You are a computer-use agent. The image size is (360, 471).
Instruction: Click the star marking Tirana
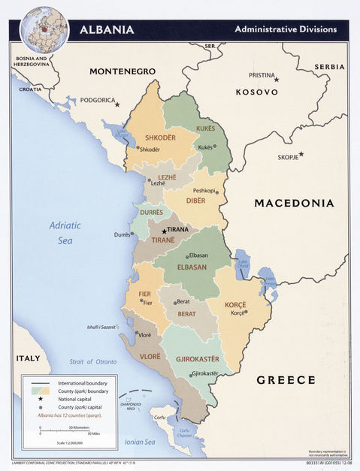pyautogui.click(x=164, y=231)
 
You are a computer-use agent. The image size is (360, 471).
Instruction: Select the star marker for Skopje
pyautogui.click(x=301, y=154)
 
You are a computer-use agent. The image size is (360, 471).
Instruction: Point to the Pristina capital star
pyautogui.click(x=276, y=79)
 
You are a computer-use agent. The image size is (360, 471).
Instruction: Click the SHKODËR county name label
pyautogui.click(x=160, y=137)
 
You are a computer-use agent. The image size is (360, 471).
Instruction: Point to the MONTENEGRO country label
pyautogui.click(x=123, y=71)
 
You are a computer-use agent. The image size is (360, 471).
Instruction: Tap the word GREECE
pyautogui.click(x=286, y=380)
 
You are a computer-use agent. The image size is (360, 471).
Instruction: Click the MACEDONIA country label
pyautogui.click(x=294, y=203)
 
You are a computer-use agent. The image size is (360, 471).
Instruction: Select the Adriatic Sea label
pyautogui.click(x=65, y=232)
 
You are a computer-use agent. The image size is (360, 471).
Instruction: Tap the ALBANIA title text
pyautogui.click(x=107, y=30)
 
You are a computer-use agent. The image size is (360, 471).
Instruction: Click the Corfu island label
pyautogui.click(x=159, y=418)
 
